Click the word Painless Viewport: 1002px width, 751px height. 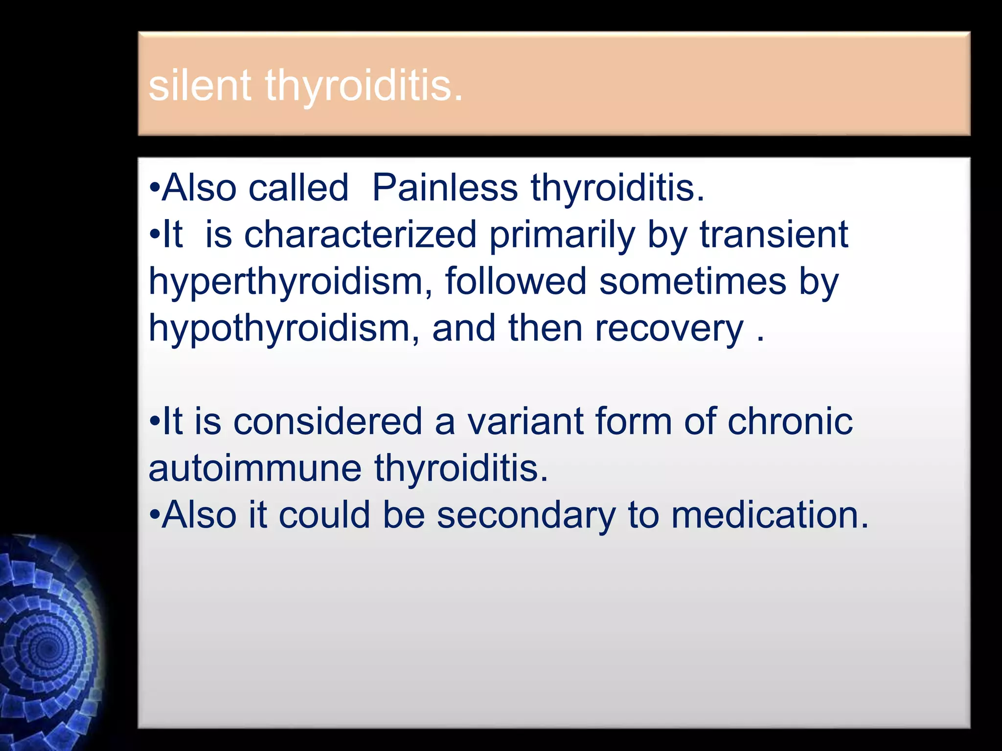[445, 188]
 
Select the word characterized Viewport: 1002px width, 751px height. [360, 235]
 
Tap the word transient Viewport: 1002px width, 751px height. [774, 235]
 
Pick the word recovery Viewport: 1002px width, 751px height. [669, 329]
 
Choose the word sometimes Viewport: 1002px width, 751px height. [692, 282]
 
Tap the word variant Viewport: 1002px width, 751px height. [524, 421]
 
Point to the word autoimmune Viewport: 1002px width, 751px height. [255, 468]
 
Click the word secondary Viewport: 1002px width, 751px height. [526, 515]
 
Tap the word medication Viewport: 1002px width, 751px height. [770, 515]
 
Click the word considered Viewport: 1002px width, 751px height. [327, 421]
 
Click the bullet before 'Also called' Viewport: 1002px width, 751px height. [155, 189]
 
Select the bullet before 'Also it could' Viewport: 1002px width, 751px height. [155, 515]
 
